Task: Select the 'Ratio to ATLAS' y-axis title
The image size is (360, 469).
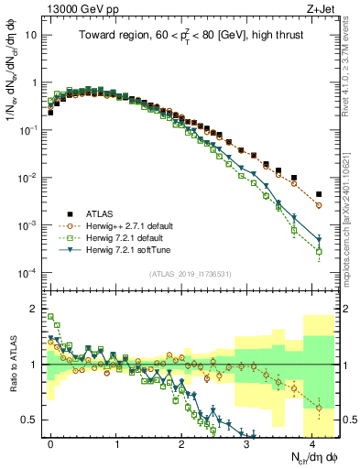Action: point(13,365)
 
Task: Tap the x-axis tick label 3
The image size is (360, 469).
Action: point(247,442)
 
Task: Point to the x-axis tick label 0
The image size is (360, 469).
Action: point(50,442)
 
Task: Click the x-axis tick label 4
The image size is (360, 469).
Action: point(312,442)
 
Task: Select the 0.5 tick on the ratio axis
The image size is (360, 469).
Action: point(31,420)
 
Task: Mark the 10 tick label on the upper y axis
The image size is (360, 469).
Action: point(31,35)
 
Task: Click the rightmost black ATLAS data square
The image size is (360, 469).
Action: point(319,194)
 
